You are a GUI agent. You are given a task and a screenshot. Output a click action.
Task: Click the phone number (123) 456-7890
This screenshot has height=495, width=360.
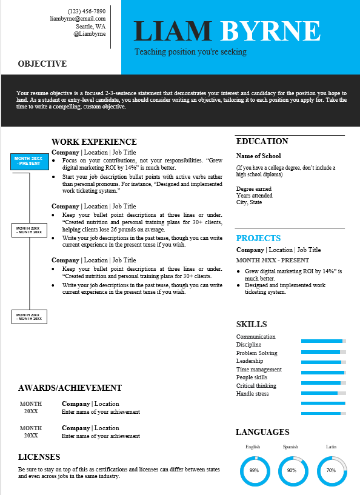tap(87, 11)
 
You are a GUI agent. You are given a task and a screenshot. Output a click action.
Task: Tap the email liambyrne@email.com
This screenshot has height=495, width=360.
tap(78, 19)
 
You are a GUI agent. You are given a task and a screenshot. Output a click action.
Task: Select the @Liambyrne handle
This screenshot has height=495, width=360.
tap(90, 35)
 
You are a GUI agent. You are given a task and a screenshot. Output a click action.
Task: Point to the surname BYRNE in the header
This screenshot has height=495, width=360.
tap(270, 31)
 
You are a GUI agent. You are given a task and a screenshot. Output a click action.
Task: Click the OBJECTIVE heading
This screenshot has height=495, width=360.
tap(42, 64)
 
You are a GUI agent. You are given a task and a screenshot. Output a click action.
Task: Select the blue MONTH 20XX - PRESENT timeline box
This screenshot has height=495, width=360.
tap(28, 161)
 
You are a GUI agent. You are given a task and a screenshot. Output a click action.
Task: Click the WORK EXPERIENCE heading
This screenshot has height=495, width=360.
tap(94, 142)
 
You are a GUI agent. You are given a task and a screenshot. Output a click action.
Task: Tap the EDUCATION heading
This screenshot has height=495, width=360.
tap(262, 141)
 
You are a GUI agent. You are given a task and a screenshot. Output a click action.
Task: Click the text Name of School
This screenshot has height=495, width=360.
tap(258, 156)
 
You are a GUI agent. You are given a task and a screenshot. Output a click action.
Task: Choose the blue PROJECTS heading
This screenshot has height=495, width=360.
tap(258, 238)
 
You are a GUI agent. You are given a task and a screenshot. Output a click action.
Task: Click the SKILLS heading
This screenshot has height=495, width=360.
tap(252, 324)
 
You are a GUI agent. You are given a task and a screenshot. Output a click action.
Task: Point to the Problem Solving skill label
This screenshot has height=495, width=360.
tap(256, 353)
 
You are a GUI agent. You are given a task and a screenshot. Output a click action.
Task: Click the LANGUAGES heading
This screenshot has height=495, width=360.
tap(262, 432)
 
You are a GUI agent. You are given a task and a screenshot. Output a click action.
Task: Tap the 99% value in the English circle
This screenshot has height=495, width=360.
tap(254, 470)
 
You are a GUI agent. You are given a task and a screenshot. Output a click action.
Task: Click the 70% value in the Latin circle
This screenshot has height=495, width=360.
tap(331, 470)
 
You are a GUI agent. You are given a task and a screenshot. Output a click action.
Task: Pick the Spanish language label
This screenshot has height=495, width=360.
tap(290, 447)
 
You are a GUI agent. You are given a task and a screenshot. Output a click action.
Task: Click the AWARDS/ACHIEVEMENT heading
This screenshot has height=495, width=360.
tap(70, 388)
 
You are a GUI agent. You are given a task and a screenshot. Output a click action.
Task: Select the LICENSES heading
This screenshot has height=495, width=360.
tap(39, 457)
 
